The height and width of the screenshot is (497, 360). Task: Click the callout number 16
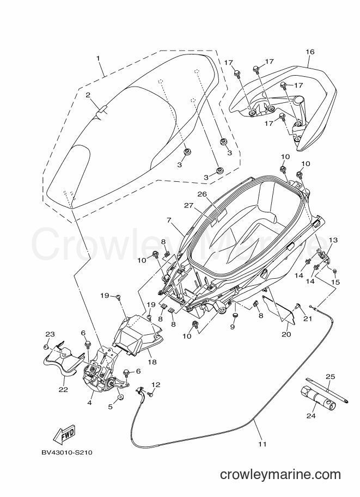click(x=310, y=52)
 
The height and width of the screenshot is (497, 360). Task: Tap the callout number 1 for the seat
click(x=98, y=58)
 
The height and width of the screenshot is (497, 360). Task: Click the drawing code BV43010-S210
click(x=66, y=452)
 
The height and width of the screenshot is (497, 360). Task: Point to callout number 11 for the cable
click(x=262, y=444)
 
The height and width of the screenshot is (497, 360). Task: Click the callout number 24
click(x=311, y=415)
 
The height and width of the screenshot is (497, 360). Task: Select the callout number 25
click(x=331, y=376)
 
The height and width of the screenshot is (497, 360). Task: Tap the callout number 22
click(x=63, y=390)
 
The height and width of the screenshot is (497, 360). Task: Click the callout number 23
click(x=50, y=334)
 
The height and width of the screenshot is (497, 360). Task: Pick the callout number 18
click(x=152, y=361)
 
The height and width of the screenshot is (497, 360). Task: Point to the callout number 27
click(x=189, y=206)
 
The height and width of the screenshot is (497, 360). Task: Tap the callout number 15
click(x=335, y=282)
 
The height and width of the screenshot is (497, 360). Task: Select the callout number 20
click(x=286, y=334)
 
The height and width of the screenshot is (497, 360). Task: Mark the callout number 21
click(x=308, y=318)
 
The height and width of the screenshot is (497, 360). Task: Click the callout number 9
click(x=233, y=327)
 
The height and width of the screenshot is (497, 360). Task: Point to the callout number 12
click(x=156, y=384)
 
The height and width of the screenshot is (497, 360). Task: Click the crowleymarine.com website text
click(x=280, y=475)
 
